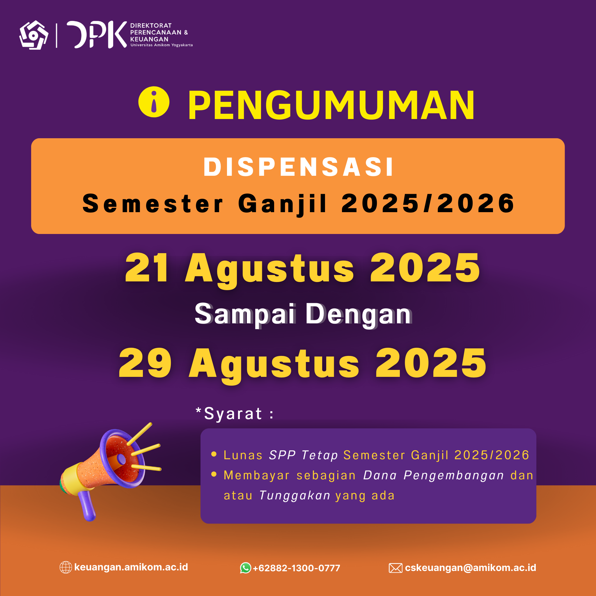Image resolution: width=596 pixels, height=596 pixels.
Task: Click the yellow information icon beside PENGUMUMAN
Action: [x=154, y=102]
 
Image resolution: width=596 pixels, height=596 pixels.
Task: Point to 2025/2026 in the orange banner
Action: [x=428, y=203]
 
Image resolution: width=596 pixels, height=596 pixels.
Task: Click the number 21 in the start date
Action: [x=147, y=267]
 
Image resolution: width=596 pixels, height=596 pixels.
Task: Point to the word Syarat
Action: [x=233, y=414]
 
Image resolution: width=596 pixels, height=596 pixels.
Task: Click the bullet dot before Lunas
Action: [x=214, y=454]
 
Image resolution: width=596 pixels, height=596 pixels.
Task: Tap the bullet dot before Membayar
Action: [x=214, y=474]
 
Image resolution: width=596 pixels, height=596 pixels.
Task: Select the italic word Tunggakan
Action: [x=295, y=496]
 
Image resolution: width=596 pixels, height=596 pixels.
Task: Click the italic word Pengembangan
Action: [x=453, y=476]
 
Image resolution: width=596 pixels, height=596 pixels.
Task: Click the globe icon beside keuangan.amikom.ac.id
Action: [x=66, y=567]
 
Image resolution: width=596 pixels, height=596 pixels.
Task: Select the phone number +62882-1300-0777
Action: [x=296, y=568]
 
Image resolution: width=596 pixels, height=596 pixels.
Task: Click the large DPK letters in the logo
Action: [x=97, y=35]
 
